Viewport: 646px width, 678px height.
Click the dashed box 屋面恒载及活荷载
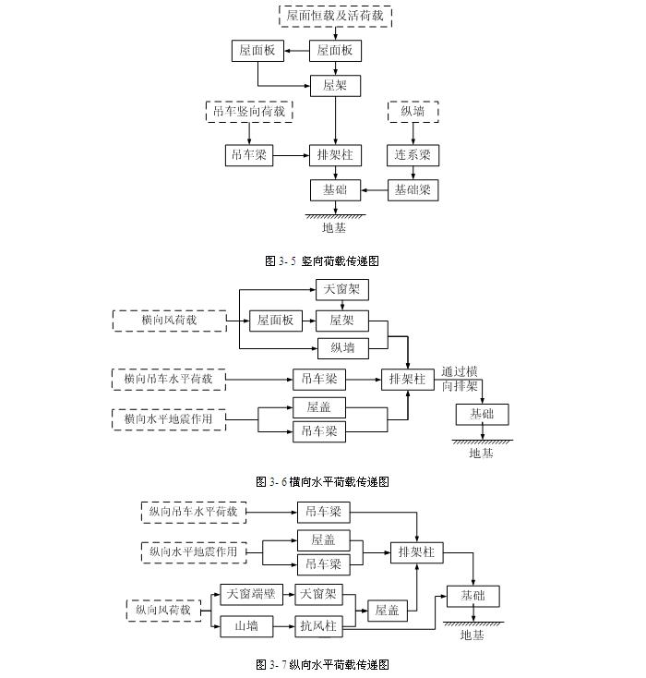336,16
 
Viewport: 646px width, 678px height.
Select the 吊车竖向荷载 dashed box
248,112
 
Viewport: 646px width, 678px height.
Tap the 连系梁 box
412,155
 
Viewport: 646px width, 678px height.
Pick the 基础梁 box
412,190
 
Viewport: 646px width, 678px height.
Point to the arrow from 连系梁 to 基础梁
412,173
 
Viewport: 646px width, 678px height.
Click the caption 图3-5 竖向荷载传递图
322,261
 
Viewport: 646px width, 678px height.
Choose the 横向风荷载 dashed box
169,321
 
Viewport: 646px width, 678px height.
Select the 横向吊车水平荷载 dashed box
169,378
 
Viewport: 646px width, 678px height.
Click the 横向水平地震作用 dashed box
169,419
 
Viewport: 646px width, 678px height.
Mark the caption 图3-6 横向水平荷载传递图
322,481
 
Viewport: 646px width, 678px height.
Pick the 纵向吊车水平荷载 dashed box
194,511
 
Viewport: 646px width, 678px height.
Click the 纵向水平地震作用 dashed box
194,551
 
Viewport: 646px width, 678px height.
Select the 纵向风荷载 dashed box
163,610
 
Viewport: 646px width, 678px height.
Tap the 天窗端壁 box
250,594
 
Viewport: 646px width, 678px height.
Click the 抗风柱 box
319,626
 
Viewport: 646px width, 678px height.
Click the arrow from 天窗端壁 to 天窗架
287,594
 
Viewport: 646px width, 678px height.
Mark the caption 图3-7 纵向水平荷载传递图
322,664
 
